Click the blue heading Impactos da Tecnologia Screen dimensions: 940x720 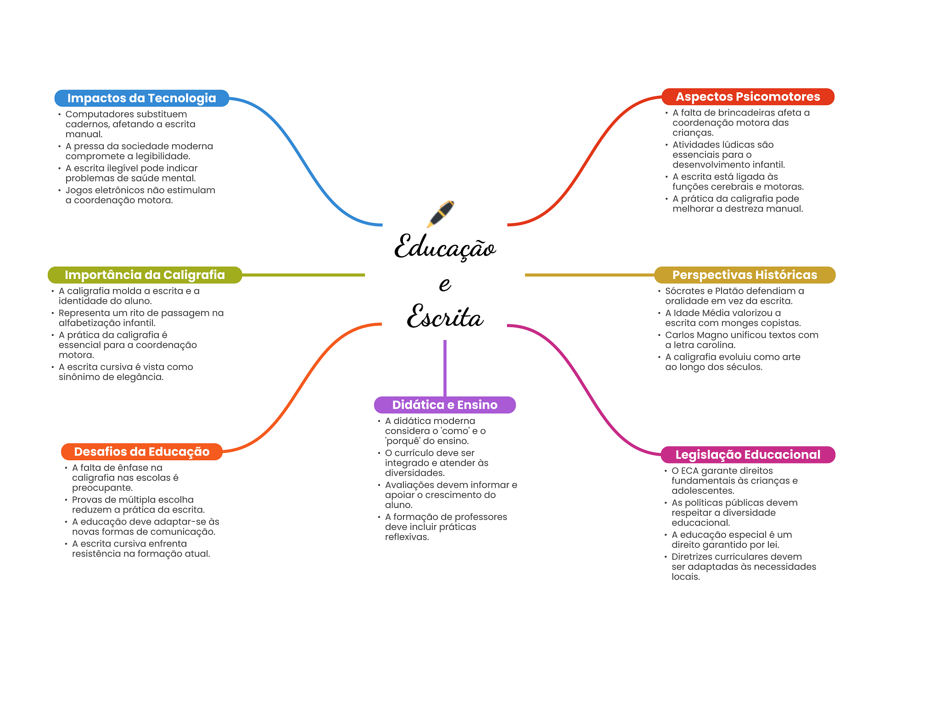tap(142, 98)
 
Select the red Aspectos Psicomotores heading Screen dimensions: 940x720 tap(748, 97)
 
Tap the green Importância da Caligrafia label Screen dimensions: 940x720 tap(145, 275)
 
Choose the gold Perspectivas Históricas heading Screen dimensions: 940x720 tap(744, 275)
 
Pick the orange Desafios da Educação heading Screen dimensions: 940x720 tap(142, 452)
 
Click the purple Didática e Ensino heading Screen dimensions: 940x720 tap(445, 405)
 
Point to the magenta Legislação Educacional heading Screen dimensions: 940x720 tap(748, 455)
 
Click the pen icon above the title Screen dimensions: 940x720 tap(440, 214)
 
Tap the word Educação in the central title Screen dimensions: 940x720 tap(445, 247)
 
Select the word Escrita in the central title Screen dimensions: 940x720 tap(445, 316)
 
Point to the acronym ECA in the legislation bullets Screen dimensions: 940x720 tap(689, 471)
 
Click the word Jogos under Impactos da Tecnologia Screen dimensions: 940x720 tap(78, 190)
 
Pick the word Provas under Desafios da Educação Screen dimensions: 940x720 tap(87, 500)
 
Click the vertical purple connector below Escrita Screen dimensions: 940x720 tap(445, 368)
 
